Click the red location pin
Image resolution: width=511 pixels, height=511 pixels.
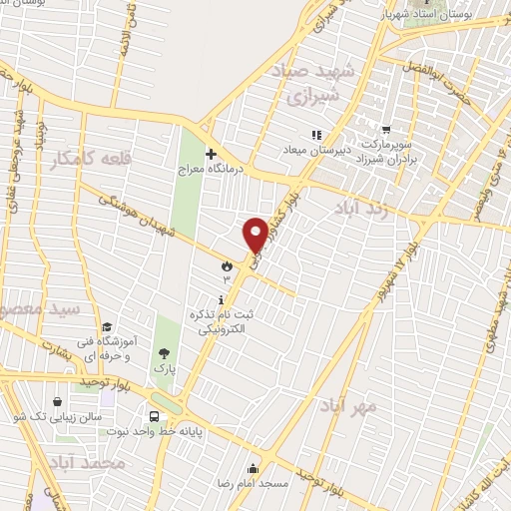[255, 235]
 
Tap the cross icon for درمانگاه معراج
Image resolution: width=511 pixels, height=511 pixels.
[211, 154]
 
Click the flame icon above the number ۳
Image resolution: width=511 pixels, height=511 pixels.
[228, 266]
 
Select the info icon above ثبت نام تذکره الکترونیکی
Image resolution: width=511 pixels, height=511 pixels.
[221, 299]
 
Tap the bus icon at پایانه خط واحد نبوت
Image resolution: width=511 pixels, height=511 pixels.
[153, 417]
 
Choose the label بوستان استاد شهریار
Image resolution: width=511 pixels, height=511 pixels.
[450, 17]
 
